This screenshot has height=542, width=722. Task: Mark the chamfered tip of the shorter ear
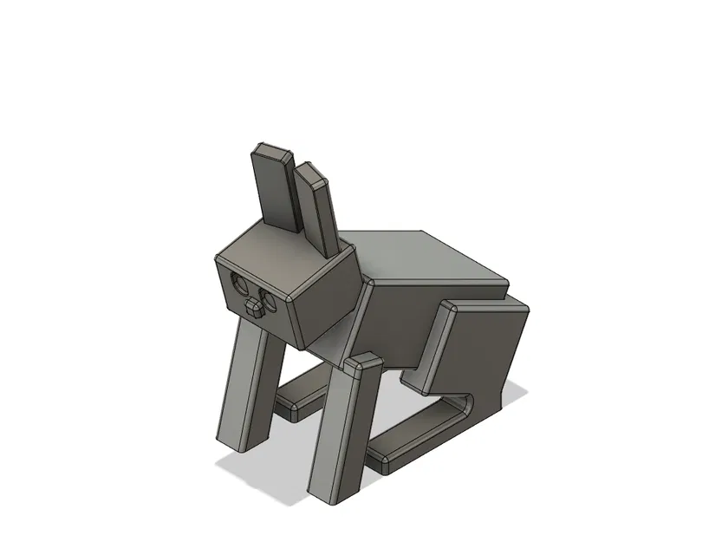click(309, 173)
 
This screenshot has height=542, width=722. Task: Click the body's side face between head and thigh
click(394, 325)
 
